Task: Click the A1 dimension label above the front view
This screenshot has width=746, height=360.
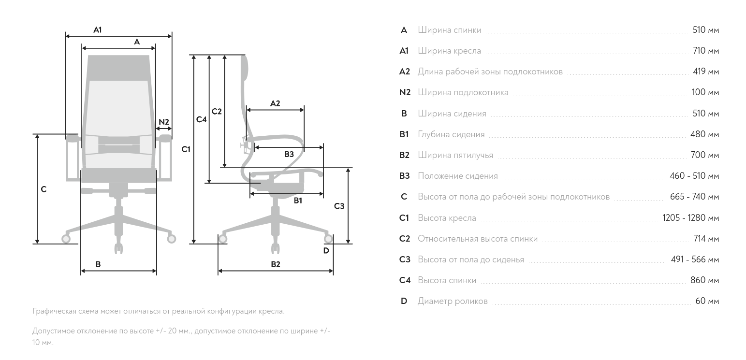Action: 98,30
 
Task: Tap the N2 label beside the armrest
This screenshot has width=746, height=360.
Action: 164,122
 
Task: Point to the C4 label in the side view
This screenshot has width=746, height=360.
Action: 201,119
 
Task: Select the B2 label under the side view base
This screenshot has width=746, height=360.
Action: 275,264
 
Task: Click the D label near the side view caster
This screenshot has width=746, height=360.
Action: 326,250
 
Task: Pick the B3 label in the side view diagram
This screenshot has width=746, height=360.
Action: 289,154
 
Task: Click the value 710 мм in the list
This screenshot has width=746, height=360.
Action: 705,51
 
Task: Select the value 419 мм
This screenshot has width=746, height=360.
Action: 705,72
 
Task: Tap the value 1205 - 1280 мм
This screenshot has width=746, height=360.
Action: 690,218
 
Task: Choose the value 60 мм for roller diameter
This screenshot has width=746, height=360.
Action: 707,301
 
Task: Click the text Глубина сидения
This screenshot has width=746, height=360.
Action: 451,134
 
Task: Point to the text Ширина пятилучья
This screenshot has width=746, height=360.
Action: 455,155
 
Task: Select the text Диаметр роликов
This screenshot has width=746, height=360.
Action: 453,301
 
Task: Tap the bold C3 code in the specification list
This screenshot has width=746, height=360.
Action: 405,259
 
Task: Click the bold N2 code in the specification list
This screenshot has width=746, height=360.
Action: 405,92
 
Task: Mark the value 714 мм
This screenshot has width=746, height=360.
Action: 705,239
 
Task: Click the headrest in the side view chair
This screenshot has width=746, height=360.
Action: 244,68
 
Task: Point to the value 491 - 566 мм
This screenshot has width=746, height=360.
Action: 695,259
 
